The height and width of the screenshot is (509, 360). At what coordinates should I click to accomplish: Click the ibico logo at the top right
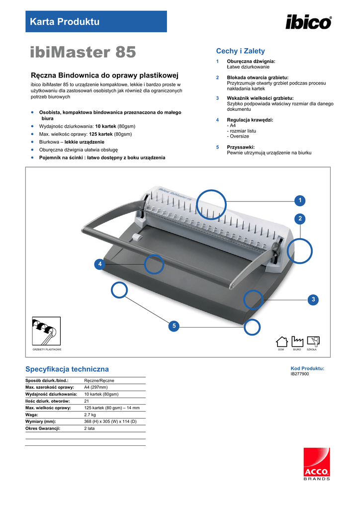[x=308, y=22]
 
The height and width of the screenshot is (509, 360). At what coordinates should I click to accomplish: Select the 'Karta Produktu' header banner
[x=96, y=21]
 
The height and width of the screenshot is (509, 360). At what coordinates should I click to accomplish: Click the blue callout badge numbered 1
[x=299, y=200]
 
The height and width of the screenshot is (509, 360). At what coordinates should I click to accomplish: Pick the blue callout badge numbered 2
[x=299, y=219]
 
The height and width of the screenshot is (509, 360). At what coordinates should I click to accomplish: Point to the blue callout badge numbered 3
[x=313, y=299]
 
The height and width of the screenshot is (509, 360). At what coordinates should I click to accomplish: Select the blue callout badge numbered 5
[x=174, y=326]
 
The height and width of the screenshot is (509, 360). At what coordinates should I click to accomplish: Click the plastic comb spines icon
[x=46, y=332]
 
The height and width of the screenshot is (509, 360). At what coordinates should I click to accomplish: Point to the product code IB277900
[x=300, y=374]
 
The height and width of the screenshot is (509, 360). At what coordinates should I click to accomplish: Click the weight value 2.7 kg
[x=90, y=414]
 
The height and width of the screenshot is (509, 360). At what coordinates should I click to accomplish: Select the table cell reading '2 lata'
[x=90, y=428]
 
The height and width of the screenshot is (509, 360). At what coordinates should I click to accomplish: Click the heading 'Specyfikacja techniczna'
[x=67, y=369]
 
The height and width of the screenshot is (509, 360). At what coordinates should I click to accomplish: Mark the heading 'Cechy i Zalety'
[x=240, y=51]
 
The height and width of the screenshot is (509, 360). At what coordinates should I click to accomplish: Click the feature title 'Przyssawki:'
[x=241, y=147]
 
